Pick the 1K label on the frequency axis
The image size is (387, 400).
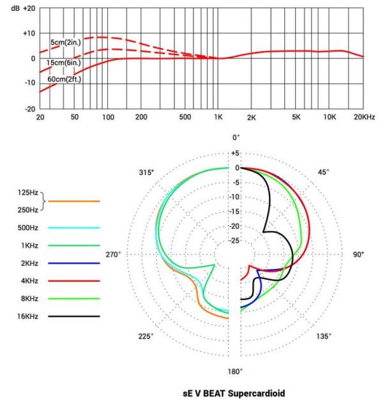coord(218,118)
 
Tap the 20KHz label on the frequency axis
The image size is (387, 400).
coord(363,118)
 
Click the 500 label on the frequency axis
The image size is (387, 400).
coord(185,118)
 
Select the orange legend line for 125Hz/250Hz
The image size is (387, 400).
coord(74,201)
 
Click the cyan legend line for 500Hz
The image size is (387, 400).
coord(74,227)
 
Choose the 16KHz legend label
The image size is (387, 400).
coord(27,316)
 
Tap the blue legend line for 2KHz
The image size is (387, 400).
coord(74,263)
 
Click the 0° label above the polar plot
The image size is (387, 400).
coord(236,137)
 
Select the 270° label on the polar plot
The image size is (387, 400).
coord(113,254)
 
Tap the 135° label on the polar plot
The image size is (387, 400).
coord(324,337)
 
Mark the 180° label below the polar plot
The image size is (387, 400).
coord(236,372)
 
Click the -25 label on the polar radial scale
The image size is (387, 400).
coord(236,240)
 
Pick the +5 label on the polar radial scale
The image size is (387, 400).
coord(236,153)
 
